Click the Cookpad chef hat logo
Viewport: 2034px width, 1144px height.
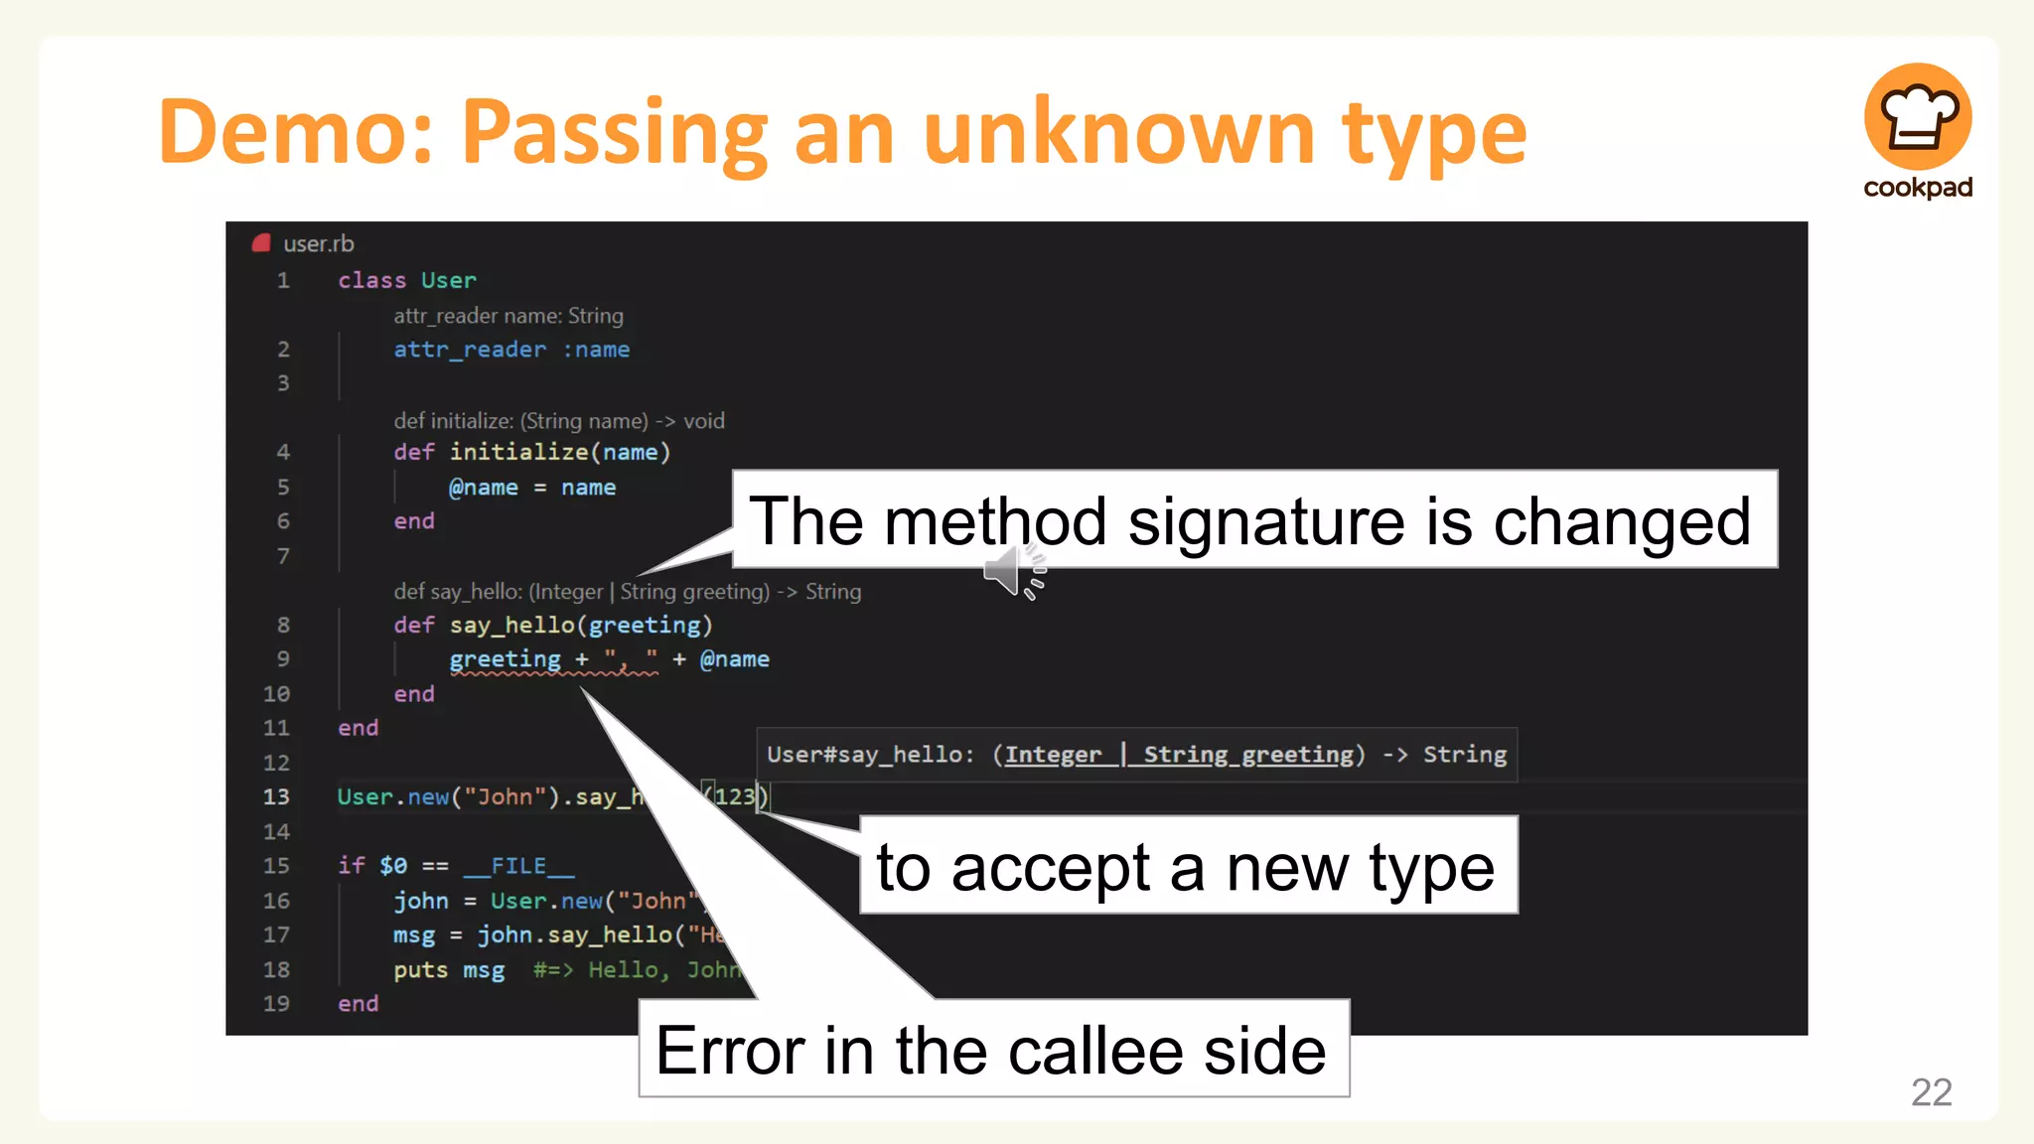(x=1917, y=116)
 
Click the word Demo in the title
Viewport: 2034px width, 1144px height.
(x=296, y=132)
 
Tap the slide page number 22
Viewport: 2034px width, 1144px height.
(x=1931, y=1092)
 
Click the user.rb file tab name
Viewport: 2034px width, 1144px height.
(x=318, y=244)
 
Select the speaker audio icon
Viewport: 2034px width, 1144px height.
(x=1013, y=573)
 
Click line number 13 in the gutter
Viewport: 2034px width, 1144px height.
(x=276, y=797)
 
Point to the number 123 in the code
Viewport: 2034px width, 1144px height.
(x=735, y=796)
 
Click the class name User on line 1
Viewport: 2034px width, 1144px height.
(x=448, y=281)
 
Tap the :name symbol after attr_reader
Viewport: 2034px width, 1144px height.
(x=596, y=350)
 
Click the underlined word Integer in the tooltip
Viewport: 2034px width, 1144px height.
(x=1053, y=755)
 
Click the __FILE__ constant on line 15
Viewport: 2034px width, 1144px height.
(x=518, y=866)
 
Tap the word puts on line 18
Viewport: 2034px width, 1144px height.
(x=420, y=970)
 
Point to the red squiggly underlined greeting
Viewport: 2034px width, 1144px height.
(x=505, y=659)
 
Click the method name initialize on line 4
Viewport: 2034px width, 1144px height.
(x=518, y=453)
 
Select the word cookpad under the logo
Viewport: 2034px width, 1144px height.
(x=1917, y=188)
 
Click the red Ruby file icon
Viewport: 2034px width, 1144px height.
(x=261, y=243)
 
